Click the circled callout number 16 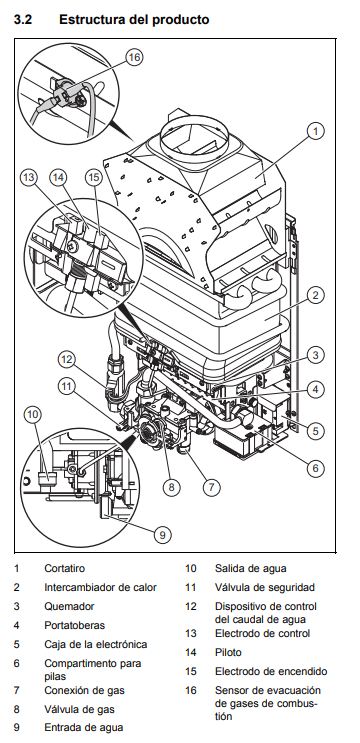pos(135,57)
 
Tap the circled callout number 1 pos(315,130)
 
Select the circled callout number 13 pos(29,178)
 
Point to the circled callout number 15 pos(94,178)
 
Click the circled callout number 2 pos(315,295)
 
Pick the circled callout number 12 pos(67,359)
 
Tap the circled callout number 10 pos(33,415)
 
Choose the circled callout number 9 pos(162,535)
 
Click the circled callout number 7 pos(212,487)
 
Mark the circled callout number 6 pos(315,468)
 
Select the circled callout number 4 pos(315,390)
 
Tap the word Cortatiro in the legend pos(64,568)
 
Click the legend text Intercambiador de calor pos(100,587)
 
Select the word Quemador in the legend pos(69,606)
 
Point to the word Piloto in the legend pos(228,652)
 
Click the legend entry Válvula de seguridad pos(265,587)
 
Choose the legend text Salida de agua pos(251,568)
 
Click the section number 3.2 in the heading pos(23,20)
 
